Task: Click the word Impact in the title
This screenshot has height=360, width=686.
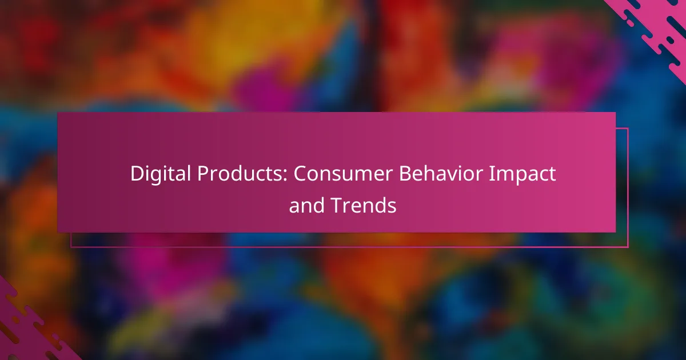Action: tap(530, 174)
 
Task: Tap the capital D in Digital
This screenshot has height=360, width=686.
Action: tap(135, 174)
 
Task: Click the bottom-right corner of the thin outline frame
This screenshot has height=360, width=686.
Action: tap(628, 247)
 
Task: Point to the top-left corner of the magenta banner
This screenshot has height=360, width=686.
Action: tap(58, 113)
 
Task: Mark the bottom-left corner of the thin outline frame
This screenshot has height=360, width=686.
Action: tap(71, 247)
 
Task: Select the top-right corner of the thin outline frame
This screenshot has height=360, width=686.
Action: tap(628, 129)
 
